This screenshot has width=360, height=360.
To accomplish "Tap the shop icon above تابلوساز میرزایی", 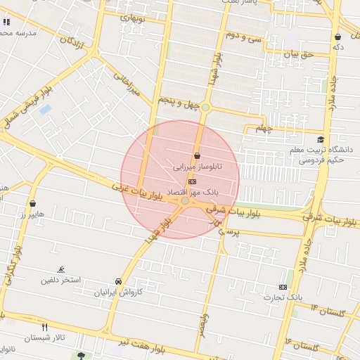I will coord(196,155).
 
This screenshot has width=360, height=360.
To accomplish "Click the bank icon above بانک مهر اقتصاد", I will coord(193,181).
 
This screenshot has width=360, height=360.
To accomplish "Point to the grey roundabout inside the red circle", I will coord(185,201).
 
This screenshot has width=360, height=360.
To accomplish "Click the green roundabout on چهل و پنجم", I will coord(205,107).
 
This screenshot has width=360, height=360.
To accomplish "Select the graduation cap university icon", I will coord(321,140).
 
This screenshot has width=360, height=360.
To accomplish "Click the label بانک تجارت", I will coord(300,297).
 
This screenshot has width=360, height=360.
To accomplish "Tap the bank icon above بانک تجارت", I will coord(283,287).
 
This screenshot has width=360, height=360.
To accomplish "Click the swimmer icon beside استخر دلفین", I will coord(62,269).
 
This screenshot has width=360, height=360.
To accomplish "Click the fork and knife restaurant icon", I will coord(45,327).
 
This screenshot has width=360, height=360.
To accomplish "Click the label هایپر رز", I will coord(32,214).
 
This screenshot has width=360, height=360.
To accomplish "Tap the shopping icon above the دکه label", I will coord(338,37).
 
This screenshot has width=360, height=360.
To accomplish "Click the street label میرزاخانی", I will coord(127,82).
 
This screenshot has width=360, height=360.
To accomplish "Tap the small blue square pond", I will coord(46,110).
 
